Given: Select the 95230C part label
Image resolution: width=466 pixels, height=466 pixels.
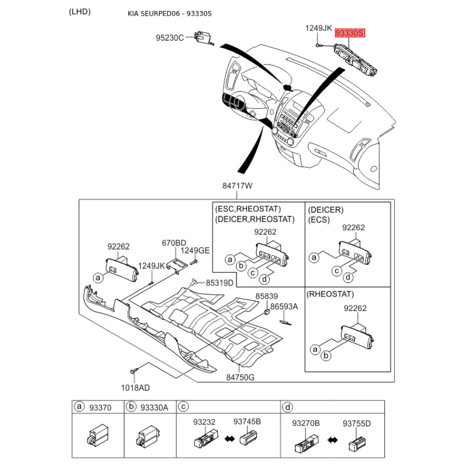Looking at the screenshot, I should click(170, 38).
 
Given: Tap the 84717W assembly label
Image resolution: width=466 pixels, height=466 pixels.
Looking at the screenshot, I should click(237, 186).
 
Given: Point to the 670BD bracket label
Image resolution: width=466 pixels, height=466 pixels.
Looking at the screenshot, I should click(174, 243).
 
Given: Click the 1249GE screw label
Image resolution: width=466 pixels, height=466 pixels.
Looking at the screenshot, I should click(195, 250).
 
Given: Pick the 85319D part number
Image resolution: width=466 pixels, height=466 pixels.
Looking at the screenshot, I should click(219, 283).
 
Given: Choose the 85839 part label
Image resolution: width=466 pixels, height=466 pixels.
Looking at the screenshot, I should click(267, 296).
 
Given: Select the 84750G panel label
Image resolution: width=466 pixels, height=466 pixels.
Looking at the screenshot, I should click(241, 377).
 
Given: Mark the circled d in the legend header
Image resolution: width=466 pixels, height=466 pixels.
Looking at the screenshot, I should click(287, 408).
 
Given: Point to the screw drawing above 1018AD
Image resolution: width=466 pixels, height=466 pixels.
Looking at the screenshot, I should click(134, 370).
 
